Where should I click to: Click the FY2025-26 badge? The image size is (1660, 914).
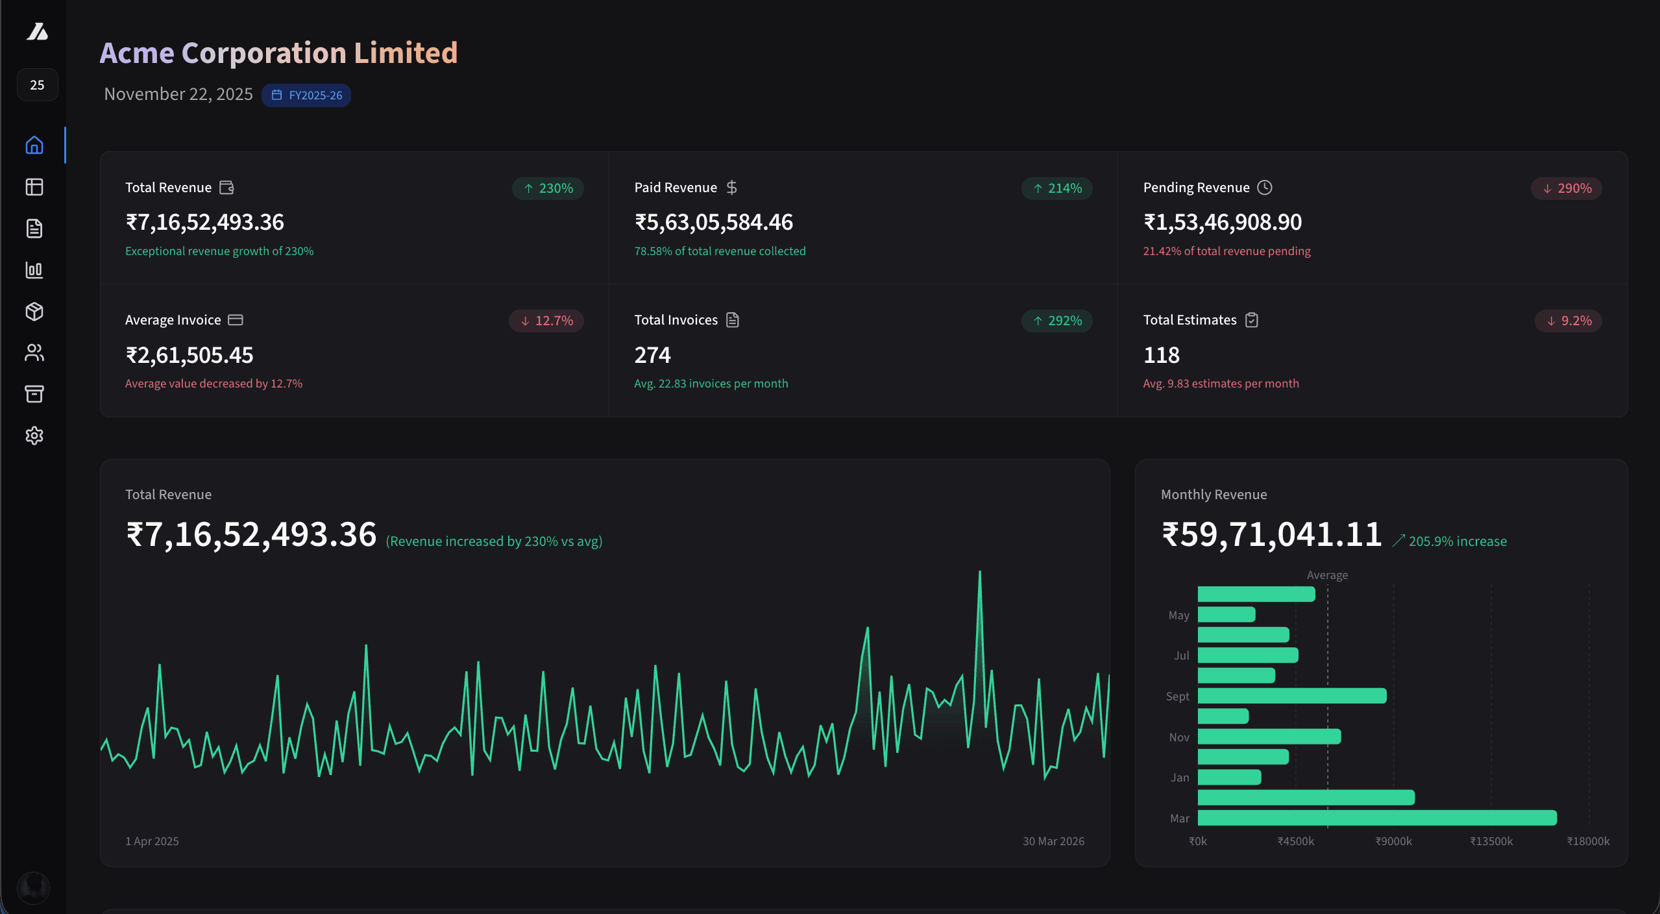(306, 95)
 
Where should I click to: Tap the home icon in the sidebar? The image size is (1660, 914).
(34, 145)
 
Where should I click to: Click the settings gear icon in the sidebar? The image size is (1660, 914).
(34, 436)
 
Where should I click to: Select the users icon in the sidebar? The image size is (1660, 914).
(34, 352)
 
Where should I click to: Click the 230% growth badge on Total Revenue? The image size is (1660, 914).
(548, 188)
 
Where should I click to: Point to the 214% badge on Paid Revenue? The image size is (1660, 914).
(1056, 188)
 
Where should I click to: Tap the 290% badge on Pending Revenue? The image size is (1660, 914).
(1566, 188)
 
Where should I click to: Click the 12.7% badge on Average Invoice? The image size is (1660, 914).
(546, 321)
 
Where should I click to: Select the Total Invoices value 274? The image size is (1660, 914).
(652, 355)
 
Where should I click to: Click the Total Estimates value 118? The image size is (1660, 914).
(1161, 355)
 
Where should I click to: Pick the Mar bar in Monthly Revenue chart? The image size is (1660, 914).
(1376, 818)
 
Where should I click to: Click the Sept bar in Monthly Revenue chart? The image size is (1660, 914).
(1291, 696)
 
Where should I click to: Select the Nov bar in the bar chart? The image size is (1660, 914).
(1269, 737)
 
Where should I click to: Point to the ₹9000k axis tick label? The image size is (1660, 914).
(1393, 841)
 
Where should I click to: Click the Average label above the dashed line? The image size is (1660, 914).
(1327, 575)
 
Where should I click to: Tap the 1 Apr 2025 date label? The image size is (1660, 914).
(152, 841)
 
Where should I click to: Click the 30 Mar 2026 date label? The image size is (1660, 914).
(1053, 841)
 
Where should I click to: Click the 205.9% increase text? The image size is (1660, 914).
(1457, 541)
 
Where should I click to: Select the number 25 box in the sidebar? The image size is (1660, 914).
(37, 85)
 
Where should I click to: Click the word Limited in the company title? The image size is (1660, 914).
(406, 53)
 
